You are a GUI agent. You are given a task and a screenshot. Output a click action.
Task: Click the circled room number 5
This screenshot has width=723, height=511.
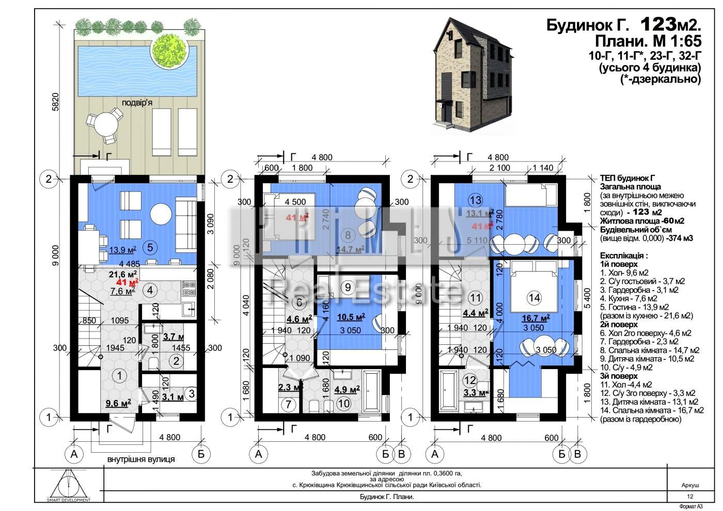149,247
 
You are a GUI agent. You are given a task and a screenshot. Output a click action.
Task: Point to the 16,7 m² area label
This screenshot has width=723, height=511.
535,318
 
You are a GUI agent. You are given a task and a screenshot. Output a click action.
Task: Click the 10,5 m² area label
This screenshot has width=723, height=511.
351,316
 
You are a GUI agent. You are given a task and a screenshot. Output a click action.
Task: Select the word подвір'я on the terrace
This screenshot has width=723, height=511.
137,102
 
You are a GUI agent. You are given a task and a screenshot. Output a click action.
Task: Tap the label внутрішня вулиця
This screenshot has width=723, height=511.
141,459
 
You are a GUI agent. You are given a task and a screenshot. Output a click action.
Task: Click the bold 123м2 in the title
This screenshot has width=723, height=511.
670,24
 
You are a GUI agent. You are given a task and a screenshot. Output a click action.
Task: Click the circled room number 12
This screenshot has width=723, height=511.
470,380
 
